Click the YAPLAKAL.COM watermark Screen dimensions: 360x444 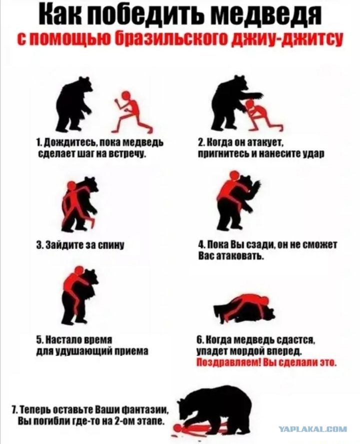point(313,429)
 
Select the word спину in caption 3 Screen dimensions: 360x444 point(112,244)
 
